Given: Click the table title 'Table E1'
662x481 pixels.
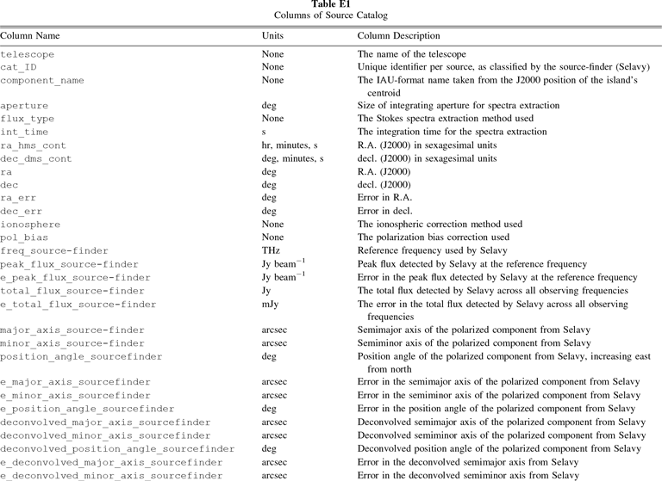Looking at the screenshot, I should coord(331,5).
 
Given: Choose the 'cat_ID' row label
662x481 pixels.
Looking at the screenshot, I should coord(18,66).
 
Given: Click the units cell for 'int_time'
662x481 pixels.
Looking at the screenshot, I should coord(264,132).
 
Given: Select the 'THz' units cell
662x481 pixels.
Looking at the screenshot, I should coord(271,250).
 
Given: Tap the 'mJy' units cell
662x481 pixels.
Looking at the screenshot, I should coord(271,304).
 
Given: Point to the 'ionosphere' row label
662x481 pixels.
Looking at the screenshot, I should coord(29,225).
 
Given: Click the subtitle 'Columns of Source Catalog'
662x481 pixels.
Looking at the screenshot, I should coord(331,16).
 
